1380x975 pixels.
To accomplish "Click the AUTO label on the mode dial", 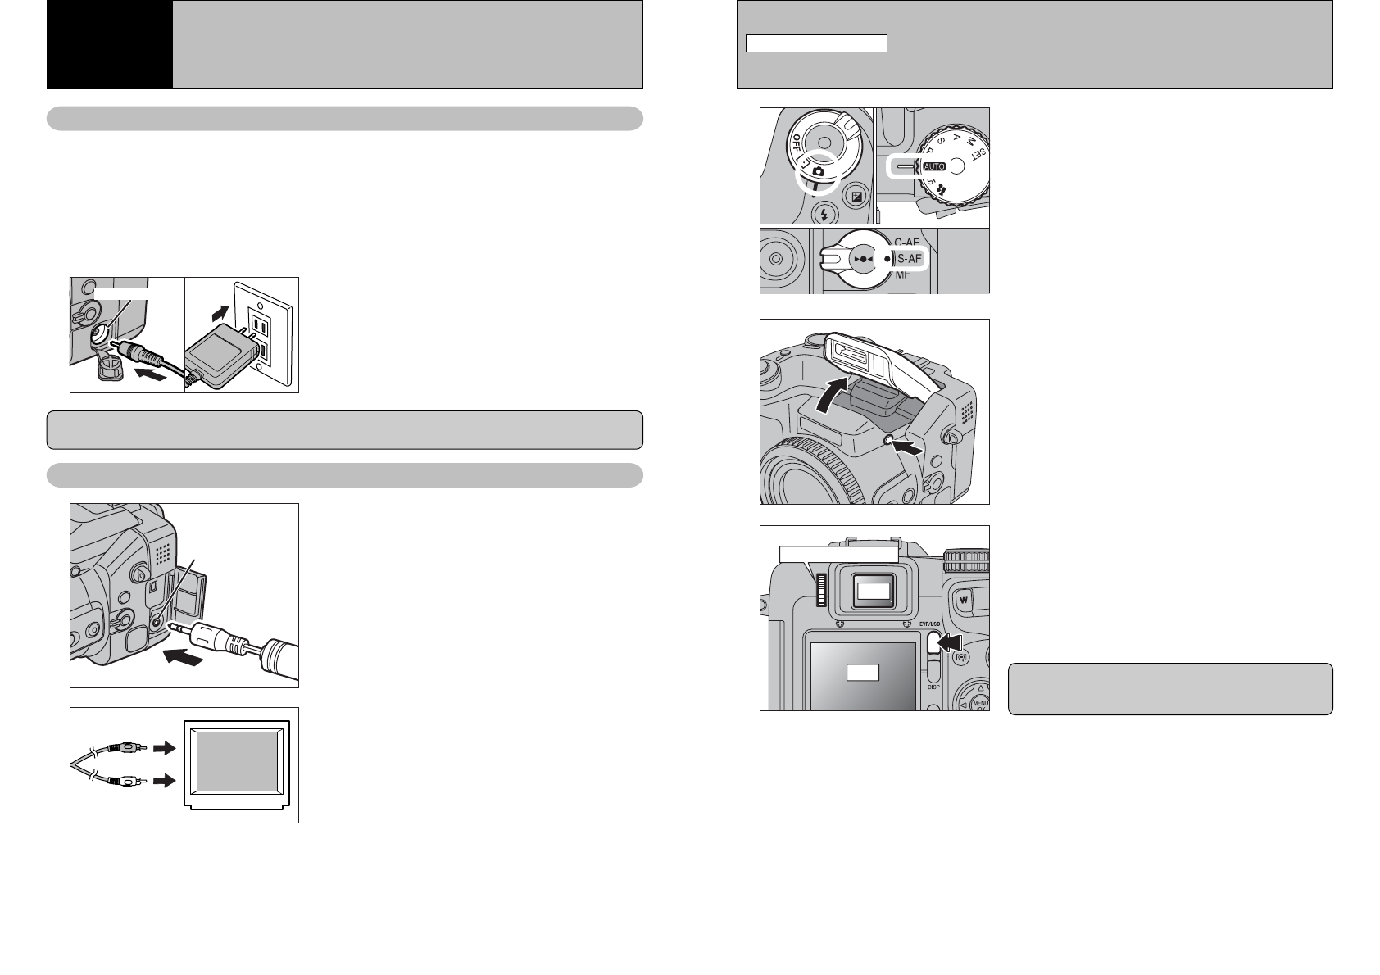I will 934,166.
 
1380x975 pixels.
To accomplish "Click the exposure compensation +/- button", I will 857,197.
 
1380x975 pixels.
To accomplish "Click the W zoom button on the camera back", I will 964,598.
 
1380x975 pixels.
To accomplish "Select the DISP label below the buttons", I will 933,687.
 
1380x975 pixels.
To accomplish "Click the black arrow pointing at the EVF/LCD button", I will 952,643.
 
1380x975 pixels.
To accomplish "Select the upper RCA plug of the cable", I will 129,747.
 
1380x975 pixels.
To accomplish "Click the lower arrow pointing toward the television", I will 165,782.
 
